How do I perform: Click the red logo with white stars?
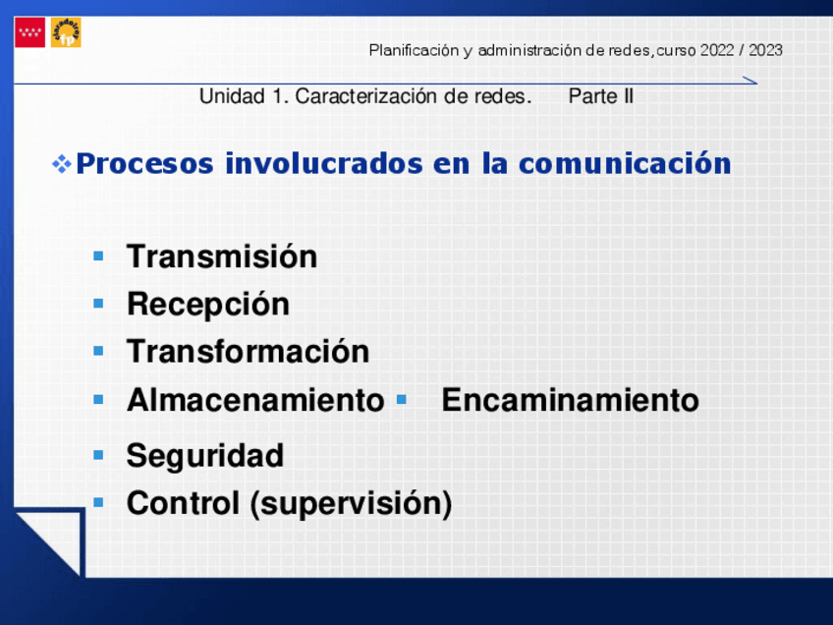29,32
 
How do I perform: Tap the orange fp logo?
66,32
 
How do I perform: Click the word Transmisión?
222,256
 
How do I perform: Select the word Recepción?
208,305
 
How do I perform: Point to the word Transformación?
249,351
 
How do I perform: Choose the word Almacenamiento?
255,400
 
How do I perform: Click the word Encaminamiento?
570,400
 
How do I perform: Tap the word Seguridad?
205,456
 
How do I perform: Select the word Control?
183,503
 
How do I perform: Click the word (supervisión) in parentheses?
351,504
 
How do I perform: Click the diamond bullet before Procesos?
62,164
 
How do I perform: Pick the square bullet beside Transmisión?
98,256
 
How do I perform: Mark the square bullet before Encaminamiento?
402,399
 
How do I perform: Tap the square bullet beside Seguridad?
98,454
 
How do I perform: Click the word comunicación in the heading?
625,163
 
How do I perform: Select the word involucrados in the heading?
324,163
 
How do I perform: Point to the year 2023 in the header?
765,50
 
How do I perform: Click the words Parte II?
601,96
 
